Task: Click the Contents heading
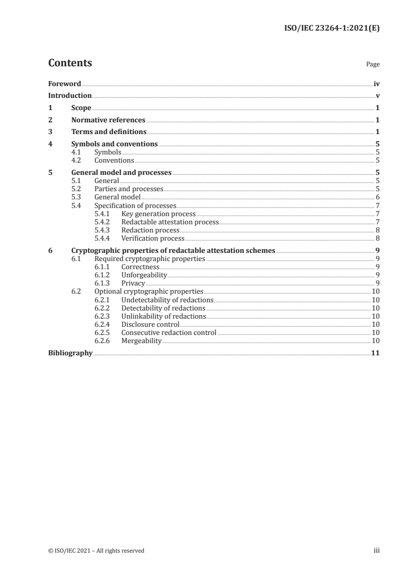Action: pyautogui.click(x=70, y=63)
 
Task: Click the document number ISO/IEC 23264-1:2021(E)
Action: pyautogui.click(x=331, y=29)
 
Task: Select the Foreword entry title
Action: pyautogui.click(x=64, y=84)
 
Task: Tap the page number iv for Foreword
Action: pyautogui.click(x=376, y=84)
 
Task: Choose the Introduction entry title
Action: pyautogui.click(x=70, y=96)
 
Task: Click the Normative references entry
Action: pyautogui.click(x=108, y=120)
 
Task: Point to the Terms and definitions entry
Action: pyautogui.click(x=108, y=133)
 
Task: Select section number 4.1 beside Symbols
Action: pyautogui.click(x=77, y=152)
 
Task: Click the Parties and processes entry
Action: pyautogui.click(x=129, y=189)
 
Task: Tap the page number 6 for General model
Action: pyautogui.click(x=377, y=197)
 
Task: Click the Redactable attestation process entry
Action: pyautogui.click(x=170, y=222)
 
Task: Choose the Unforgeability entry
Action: pyautogui.click(x=144, y=275)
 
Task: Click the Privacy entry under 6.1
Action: pyautogui.click(x=133, y=283)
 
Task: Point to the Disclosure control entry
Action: pyautogui.click(x=150, y=324)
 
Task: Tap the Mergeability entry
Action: pyautogui.click(x=141, y=341)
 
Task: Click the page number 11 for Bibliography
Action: pyautogui.click(x=375, y=353)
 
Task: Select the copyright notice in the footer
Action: pyautogui.click(x=96, y=550)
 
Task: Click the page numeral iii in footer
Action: pyautogui.click(x=376, y=550)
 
